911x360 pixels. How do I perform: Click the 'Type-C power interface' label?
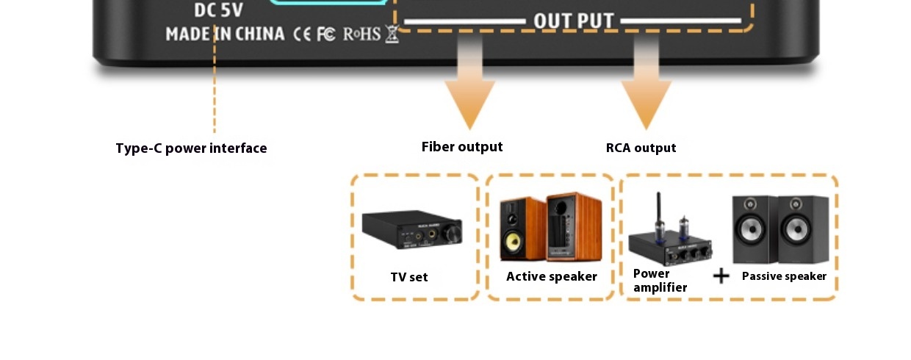coord(191,148)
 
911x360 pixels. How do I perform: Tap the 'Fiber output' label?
coord(462,147)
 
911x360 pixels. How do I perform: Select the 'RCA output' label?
coord(641,148)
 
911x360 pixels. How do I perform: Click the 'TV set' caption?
coord(409,277)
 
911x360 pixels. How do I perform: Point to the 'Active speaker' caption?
coord(551,276)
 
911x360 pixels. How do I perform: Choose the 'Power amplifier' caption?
coord(659,281)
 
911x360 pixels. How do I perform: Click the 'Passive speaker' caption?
coord(784,276)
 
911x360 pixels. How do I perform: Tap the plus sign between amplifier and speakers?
coord(721,276)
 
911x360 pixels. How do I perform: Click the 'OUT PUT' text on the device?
coord(573,21)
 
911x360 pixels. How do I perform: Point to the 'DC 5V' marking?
coord(218,10)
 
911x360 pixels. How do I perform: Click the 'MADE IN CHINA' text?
coord(225,34)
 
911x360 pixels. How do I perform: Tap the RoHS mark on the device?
coord(361,34)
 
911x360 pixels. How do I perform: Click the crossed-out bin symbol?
coord(392,34)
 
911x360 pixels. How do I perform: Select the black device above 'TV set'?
coord(412,231)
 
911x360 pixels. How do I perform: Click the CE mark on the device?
coord(303,34)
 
